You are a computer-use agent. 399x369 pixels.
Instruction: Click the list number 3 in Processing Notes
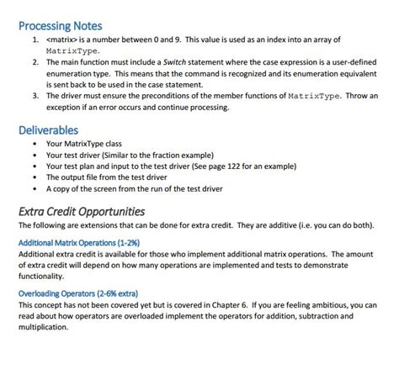(35, 96)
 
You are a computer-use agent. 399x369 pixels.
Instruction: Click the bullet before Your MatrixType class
(35, 144)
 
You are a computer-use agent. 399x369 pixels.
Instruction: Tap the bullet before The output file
(35, 177)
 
